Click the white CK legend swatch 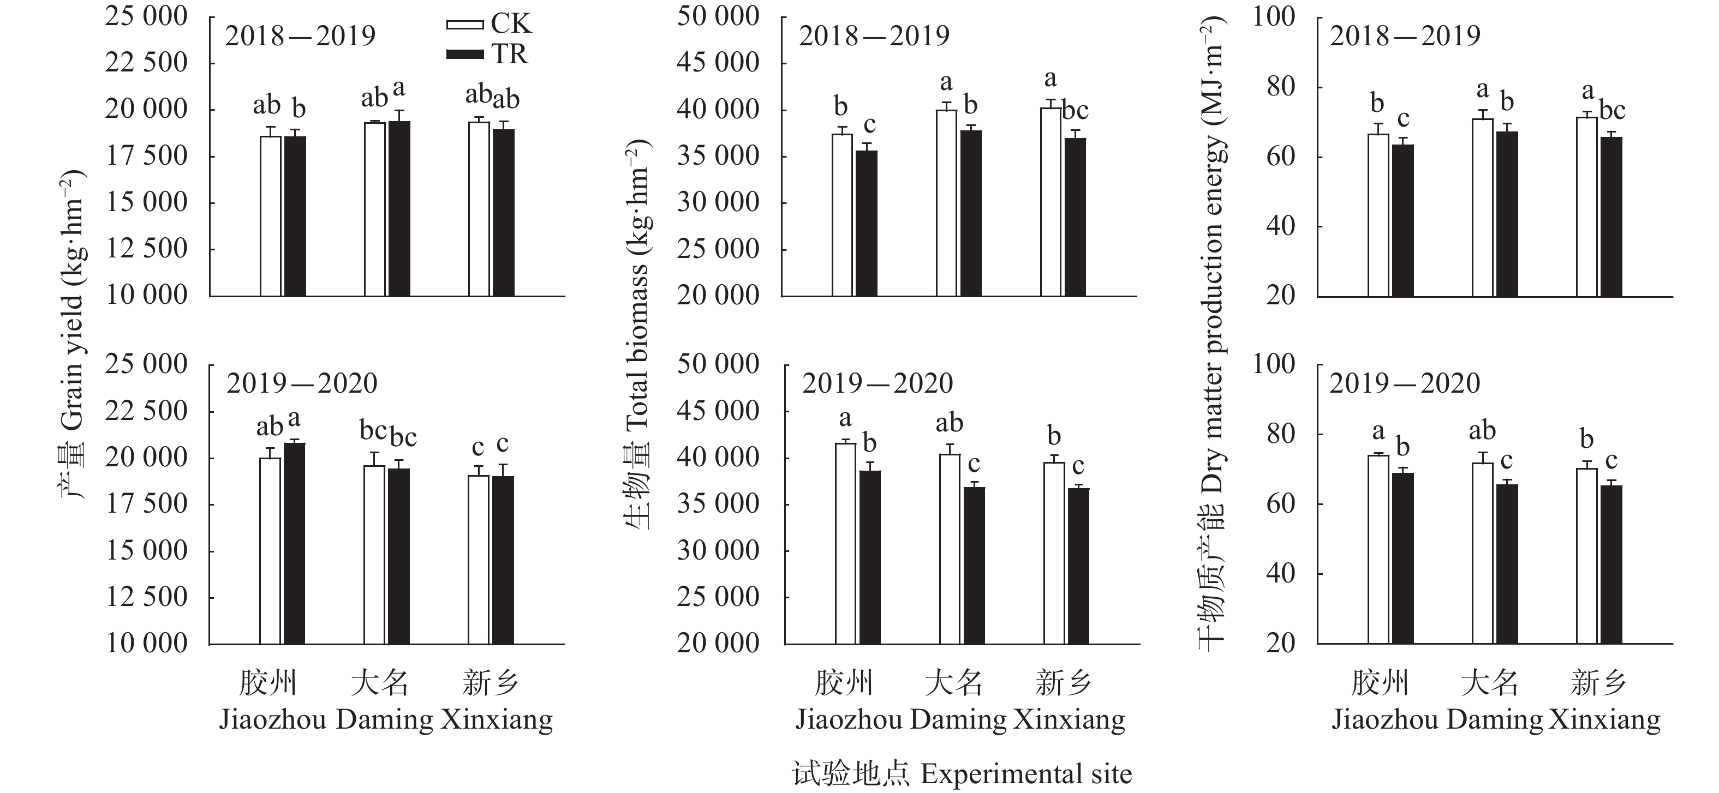[464, 25]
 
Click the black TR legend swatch [464, 54]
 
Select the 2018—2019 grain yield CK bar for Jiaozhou [270, 216]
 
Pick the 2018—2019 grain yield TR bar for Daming [399, 209]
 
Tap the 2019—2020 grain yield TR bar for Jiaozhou [294, 544]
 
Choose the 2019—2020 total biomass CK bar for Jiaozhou [845, 544]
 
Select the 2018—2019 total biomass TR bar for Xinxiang [1075, 217]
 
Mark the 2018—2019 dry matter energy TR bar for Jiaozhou [1402, 220]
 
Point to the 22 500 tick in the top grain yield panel [146, 63]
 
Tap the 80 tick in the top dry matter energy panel [1281, 87]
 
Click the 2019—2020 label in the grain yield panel [302, 383]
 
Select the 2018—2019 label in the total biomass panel [874, 36]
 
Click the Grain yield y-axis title [72, 333]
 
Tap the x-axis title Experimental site [962, 774]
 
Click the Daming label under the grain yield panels [384, 719]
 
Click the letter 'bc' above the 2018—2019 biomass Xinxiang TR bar [1075, 111]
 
